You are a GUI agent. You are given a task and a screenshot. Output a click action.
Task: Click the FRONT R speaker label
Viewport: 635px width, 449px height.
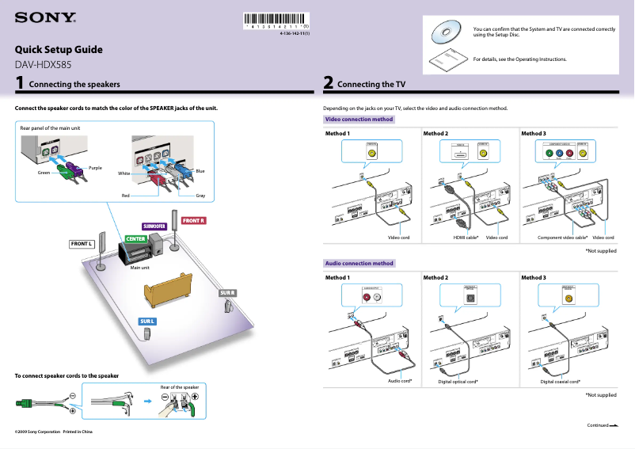(193, 220)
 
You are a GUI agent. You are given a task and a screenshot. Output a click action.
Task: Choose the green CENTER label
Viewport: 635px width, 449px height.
(135, 238)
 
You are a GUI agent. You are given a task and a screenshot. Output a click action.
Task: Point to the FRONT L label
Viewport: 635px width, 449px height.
(82, 244)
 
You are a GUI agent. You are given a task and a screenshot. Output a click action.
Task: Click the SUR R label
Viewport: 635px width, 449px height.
(227, 293)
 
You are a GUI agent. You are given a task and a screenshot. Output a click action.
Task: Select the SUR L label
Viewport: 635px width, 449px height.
(147, 321)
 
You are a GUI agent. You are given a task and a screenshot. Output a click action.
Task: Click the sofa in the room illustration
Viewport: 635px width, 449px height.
(168, 290)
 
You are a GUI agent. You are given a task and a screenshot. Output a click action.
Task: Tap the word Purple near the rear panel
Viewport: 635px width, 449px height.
(95, 167)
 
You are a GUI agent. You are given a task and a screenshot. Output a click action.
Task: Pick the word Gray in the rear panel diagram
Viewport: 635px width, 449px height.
(200, 195)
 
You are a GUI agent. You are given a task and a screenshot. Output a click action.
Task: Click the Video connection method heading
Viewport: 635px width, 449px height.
(359, 120)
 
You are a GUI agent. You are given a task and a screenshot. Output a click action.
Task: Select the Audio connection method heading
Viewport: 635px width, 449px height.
(359, 263)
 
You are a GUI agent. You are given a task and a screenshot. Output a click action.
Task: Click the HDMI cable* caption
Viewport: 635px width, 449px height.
(466, 238)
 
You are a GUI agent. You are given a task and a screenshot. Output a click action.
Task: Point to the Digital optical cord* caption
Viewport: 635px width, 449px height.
(458, 382)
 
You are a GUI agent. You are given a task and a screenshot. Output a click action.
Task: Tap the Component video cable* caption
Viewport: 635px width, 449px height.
(562, 238)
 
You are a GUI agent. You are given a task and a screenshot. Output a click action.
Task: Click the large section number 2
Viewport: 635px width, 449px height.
(328, 82)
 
